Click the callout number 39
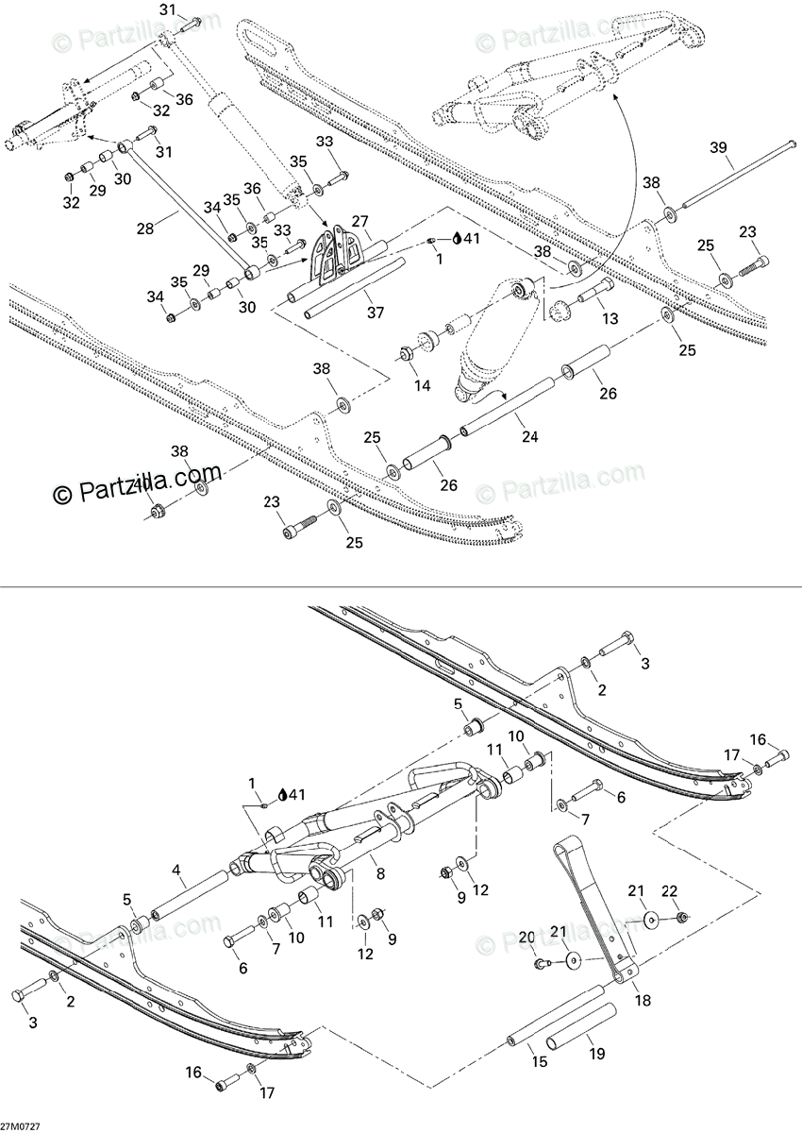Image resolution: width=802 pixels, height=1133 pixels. click(x=718, y=147)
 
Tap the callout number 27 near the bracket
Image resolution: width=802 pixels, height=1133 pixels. click(x=360, y=222)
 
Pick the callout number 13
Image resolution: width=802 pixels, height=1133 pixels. click(x=610, y=319)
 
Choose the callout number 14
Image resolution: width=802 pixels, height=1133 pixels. click(x=422, y=386)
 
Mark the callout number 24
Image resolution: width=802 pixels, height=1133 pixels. click(x=530, y=437)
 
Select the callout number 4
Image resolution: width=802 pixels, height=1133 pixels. click(x=175, y=870)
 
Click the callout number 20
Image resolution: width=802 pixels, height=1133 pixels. click(x=526, y=937)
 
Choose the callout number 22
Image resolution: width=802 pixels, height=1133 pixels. click(x=670, y=891)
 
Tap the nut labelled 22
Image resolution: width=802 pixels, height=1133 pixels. click(x=681, y=917)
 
